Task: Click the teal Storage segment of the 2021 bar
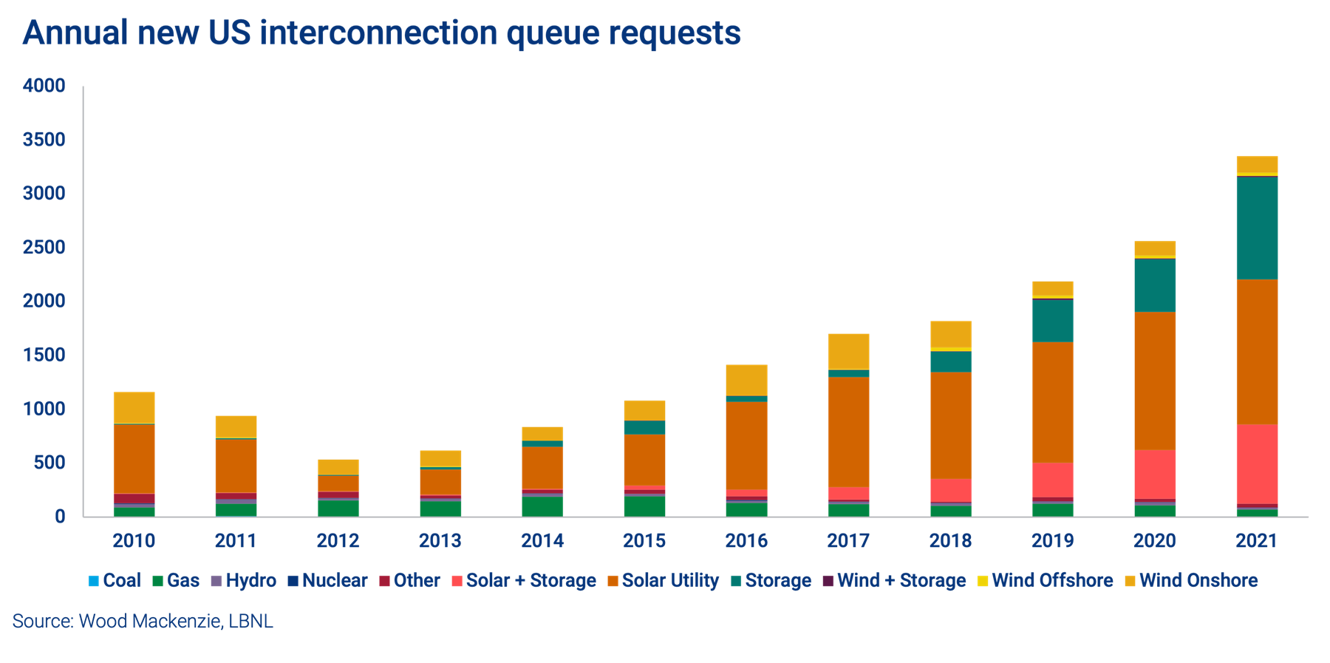1257,228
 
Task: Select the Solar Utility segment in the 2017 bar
848,432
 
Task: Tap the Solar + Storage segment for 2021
1257,463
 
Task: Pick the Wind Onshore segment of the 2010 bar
134,407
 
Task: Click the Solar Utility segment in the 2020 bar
1155,381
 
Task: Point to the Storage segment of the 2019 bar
1052,320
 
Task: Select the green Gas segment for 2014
542,506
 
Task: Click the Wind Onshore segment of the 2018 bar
951,333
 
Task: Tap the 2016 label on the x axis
746,541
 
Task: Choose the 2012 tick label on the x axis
338,541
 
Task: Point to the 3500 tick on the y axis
44,140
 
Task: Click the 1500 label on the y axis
44,355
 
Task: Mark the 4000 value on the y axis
44,86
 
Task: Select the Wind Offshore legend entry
1045,580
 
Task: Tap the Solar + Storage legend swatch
457,581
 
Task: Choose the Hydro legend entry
244,580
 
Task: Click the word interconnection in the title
378,33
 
